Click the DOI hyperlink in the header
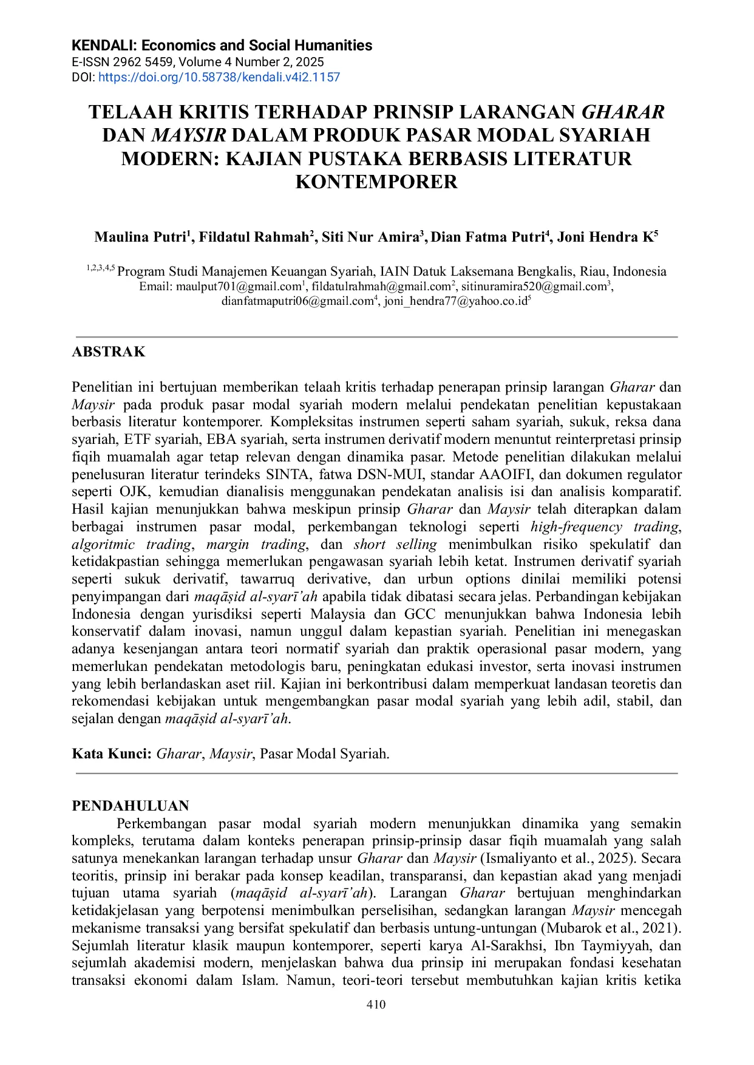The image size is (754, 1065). click(x=219, y=77)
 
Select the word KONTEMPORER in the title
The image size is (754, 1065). click(x=376, y=182)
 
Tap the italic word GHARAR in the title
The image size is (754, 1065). click(x=623, y=112)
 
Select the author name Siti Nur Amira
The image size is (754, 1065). click(x=370, y=237)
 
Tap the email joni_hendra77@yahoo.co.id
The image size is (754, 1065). click(x=455, y=301)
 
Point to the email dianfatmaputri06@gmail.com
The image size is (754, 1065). click(x=297, y=301)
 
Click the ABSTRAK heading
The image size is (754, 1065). click(x=109, y=352)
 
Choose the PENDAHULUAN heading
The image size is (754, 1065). click(x=131, y=806)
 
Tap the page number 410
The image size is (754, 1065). click(x=376, y=1004)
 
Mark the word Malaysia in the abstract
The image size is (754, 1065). click(x=338, y=614)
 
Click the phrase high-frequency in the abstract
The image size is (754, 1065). click(x=576, y=526)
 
